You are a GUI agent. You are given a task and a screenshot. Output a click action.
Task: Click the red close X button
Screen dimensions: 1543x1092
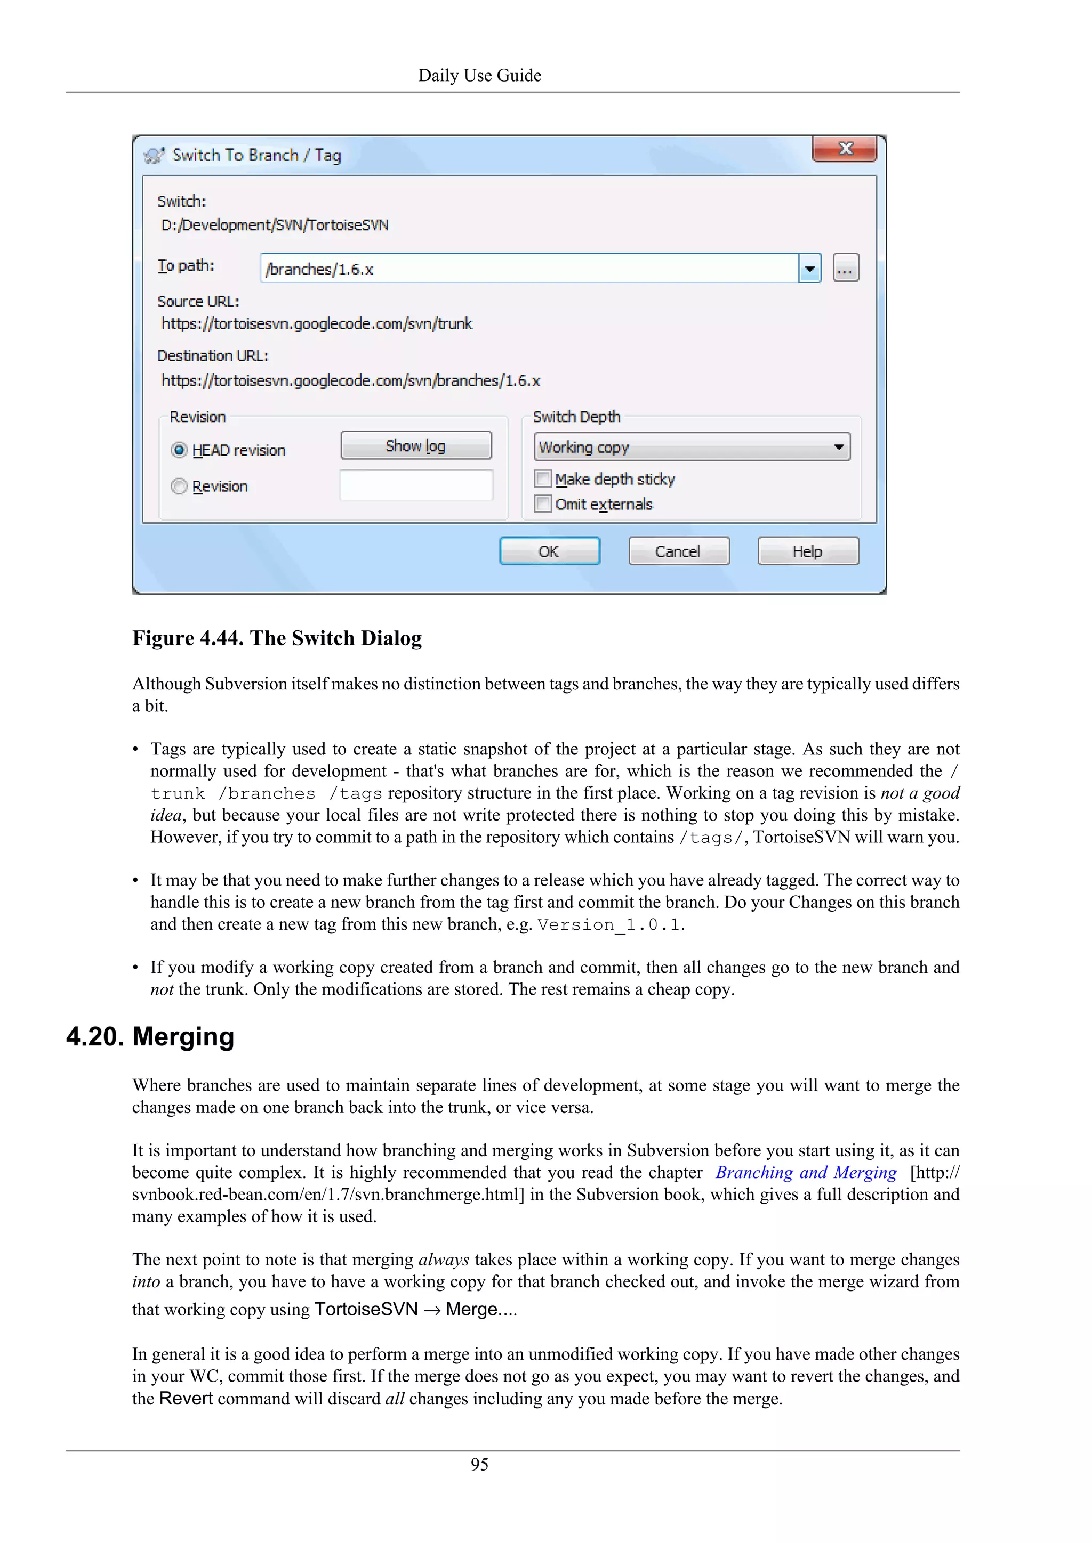coord(845,149)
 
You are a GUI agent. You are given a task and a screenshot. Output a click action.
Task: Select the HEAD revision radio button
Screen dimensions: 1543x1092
coord(179,450)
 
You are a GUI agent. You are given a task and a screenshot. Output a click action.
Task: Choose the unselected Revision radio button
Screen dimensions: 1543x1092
coord(179,486)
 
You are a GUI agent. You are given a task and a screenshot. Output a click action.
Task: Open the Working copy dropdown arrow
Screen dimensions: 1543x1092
coord(839,447)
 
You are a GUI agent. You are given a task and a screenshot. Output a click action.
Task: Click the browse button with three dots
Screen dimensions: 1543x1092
coord(845,268)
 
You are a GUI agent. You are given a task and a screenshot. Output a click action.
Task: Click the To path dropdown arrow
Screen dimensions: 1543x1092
coord(809,269)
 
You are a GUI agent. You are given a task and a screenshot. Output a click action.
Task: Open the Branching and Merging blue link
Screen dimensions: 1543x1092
coord(806,1173)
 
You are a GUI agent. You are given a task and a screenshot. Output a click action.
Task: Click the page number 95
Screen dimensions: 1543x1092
coord(479,1464)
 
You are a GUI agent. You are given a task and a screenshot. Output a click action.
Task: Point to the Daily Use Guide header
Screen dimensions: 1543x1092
coord(479,75)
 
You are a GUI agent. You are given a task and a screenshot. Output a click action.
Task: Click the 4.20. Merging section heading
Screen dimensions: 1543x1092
coord(150,1036)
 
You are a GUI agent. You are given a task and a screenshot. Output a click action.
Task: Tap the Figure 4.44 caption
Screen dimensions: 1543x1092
coord(277,638)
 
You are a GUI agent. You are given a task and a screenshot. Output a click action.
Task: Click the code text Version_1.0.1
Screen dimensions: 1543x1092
coord(609,925)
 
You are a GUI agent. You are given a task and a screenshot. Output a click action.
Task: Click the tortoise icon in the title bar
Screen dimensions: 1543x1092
coord(154,155)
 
